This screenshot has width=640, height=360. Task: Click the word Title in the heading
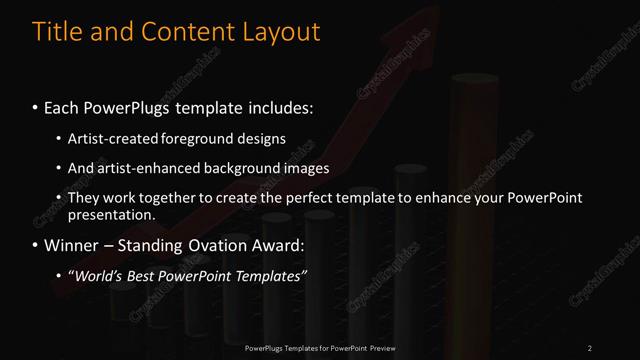[x=59, y=32]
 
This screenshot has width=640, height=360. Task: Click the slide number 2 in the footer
[x=590, y=347]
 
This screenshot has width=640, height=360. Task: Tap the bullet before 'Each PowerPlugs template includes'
[x=36, y=105]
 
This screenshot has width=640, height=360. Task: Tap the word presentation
[x=111, y=214]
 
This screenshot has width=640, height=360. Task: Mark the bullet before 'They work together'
[x=58, y=198]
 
